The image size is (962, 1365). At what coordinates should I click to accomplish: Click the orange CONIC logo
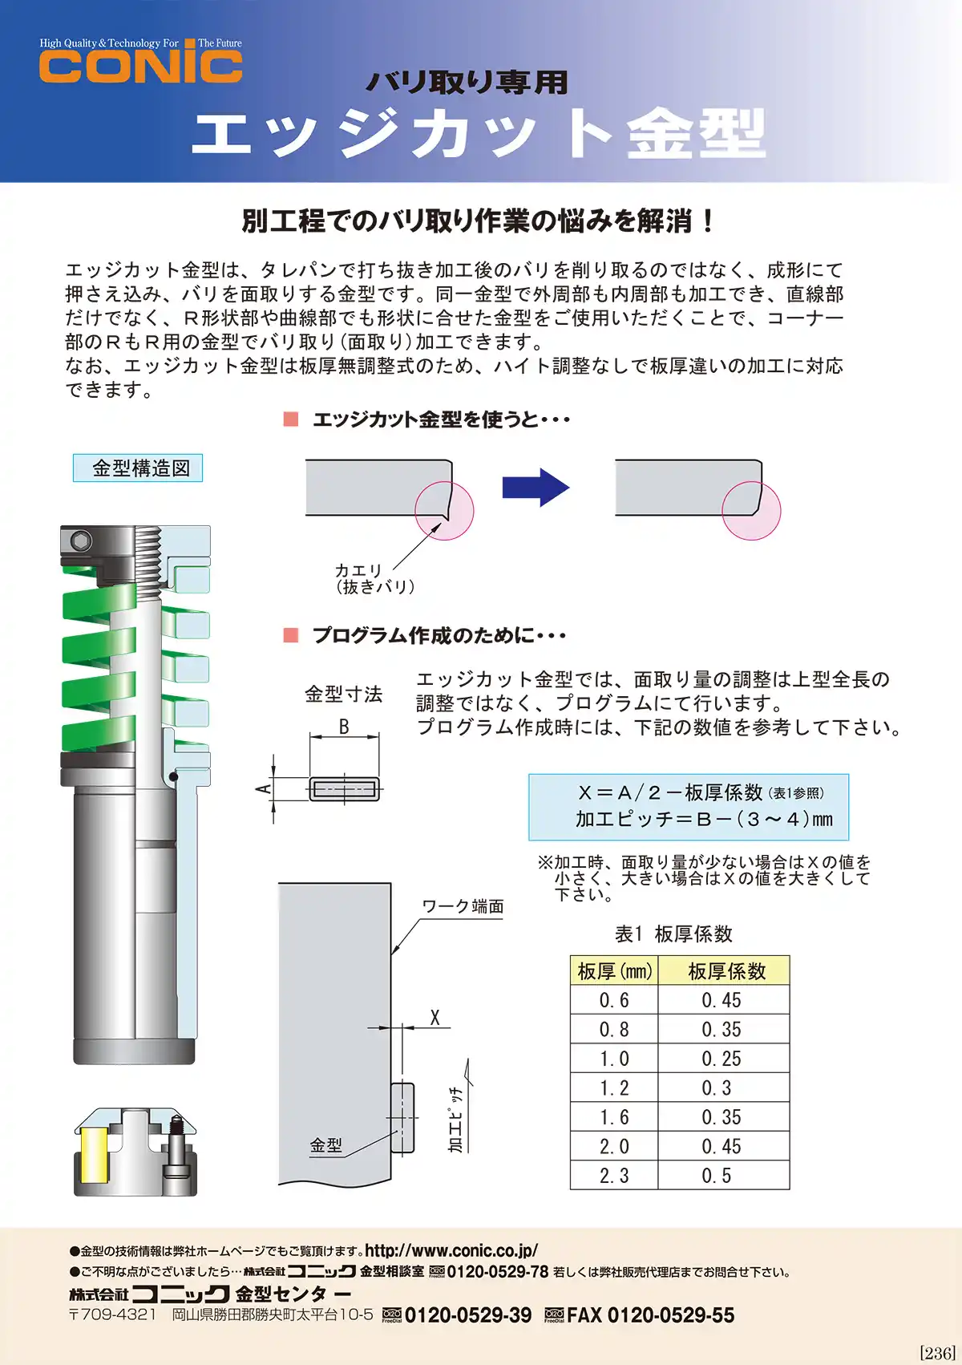coord(140,66)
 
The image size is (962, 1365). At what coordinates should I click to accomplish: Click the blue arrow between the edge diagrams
coord(535,487)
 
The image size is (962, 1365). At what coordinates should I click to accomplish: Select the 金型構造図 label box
coord(138,468)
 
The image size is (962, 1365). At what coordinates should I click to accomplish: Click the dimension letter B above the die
coord(343,727)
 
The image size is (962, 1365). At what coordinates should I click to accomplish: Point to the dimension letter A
coord(262,789)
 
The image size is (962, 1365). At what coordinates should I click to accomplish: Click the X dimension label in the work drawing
coord(435,1018)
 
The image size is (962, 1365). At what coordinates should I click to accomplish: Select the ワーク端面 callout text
coord(463,906)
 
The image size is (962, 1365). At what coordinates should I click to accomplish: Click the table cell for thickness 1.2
coord(614,1088)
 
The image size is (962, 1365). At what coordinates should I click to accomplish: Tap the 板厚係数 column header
coord(726,971)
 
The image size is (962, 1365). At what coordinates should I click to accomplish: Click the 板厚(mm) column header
coord(614,971)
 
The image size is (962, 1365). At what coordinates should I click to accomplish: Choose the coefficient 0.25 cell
coord(721,1059)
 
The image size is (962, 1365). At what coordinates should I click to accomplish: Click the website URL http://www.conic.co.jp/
coord(451,1250)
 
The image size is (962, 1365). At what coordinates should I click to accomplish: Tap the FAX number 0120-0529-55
coord(650,1315)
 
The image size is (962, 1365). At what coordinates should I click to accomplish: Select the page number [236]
coord(936,1353)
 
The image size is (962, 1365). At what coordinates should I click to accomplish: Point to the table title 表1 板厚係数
coord(673,934)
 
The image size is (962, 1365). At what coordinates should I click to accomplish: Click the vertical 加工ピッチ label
coord(455,1120)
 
